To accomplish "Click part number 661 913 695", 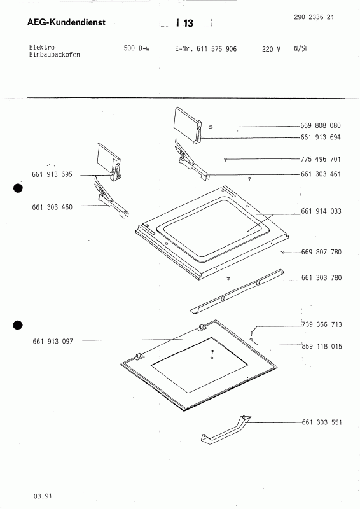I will [x=53, y=174].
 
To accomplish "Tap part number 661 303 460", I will [x=53, y=207].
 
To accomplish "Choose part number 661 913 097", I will [x=53, y=342].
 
